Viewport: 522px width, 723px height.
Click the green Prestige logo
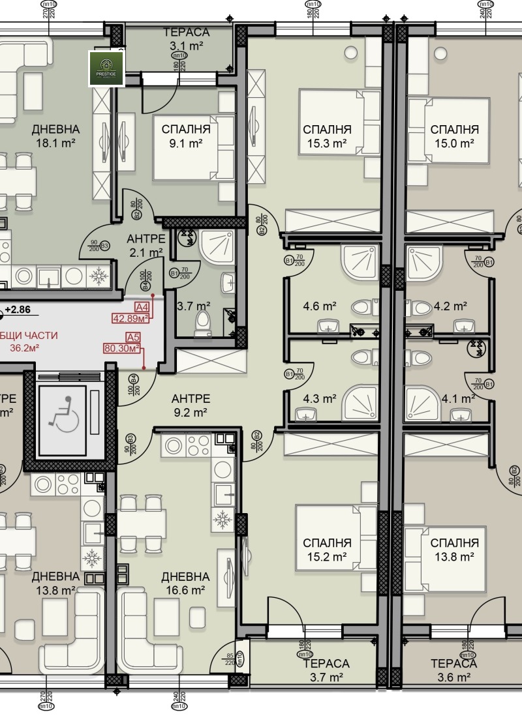click(x=106, y=68)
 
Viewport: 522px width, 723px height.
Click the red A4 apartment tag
click(x=142, y=307)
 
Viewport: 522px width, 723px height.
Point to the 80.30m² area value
click(x=123, y=348)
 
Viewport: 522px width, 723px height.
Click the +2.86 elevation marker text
click(x=18, y=311)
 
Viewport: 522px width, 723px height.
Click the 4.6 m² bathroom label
click(x=320, y=306)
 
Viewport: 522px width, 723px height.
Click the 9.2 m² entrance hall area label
click(x=191, y=412)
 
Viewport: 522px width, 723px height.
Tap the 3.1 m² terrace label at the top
click(x=186, y=46)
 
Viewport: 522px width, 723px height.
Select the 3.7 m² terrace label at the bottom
click(x=326, y=677)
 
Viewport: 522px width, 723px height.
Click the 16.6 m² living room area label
click(x=185, y=590)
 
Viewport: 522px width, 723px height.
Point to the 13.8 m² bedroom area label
click(x=455, y=557)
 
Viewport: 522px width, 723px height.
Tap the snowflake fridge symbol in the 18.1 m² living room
click(x=99, y=277)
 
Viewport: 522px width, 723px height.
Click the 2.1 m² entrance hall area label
click(x=145, y=252)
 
